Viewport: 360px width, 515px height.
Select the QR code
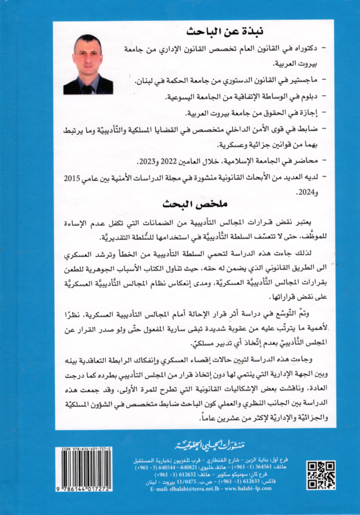(x=321, y=475)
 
